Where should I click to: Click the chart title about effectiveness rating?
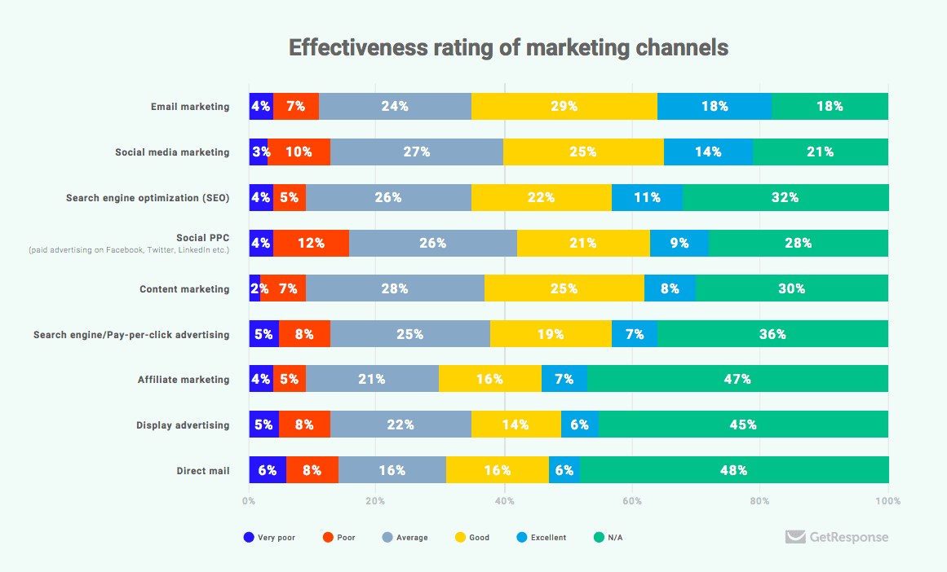pyautogui.click(x=508, y=48)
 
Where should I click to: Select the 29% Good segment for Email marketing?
pyautogui.click(x=564, y=107)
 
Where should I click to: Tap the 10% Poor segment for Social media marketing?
pyautogui.click(x=299, y=152)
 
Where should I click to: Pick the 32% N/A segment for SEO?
pyautogui.click(x=785, y=198)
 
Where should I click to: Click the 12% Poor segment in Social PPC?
pyautogui.click(x=311, y=243)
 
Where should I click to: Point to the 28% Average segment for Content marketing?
pyautogui.click(x=396, y=288)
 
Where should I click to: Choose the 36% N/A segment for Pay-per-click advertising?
pyautogui.click(x=772, y=334)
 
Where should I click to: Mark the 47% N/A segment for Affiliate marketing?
pyautogui.click(x=737, y=379)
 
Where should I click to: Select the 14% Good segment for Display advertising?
pyautogui.click(x=516, y=425)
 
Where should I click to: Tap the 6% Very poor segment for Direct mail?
pyautogui.click(x=268, y=470)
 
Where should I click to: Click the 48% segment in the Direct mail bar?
pyautogui.click(x=734, y=470)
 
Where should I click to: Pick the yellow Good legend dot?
pyautogui.click(x=460, y=538)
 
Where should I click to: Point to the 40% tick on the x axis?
pyautogui.click(x=504, y=501)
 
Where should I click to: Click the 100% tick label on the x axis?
pyautogui.click(x=887, y=501)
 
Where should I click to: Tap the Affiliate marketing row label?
pyautogui.click(x=184, y=380)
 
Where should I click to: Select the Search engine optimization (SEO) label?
pyautogui.click(x=148, y=198)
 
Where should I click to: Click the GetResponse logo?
pyautogui.click(x=837, y=537)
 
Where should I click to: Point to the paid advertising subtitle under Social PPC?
pyautogui.click(x=129, y=250)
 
